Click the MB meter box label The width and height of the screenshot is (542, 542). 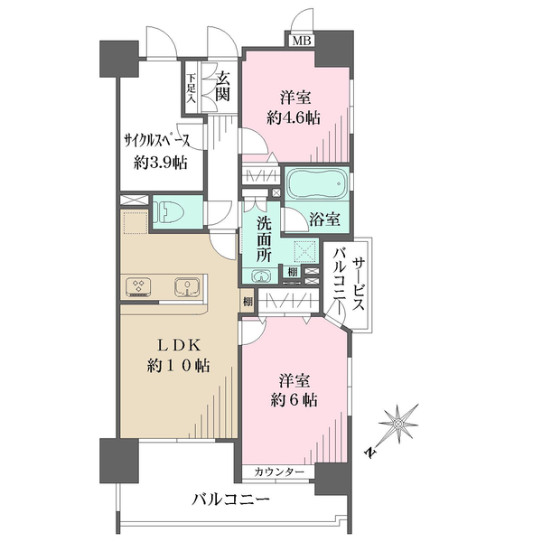click(302, 42)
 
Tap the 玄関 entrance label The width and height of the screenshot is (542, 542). click(222, 88)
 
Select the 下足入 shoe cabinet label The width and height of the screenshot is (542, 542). click(192, 89)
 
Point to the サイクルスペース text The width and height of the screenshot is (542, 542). click(157, 141)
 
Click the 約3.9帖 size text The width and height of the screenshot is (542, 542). click(161, 162)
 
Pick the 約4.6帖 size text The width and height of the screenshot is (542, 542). click(293, 118)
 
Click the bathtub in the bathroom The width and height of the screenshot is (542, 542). click(317, 182)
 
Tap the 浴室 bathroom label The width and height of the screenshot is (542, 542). click(324, 219)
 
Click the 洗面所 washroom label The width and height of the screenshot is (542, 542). click(264, 239)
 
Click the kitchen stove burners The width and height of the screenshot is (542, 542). click(138, 287)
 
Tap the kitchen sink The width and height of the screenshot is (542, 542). click(188, 286)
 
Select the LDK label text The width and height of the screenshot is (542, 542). click(179, 345)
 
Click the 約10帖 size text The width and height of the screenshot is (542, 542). click(178, 366)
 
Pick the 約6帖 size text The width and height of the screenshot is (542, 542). click(294, 400)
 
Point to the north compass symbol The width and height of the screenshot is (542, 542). click(397, 424)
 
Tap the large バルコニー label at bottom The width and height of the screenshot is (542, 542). click(230, 500)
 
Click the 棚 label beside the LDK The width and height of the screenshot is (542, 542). click(248, 302)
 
